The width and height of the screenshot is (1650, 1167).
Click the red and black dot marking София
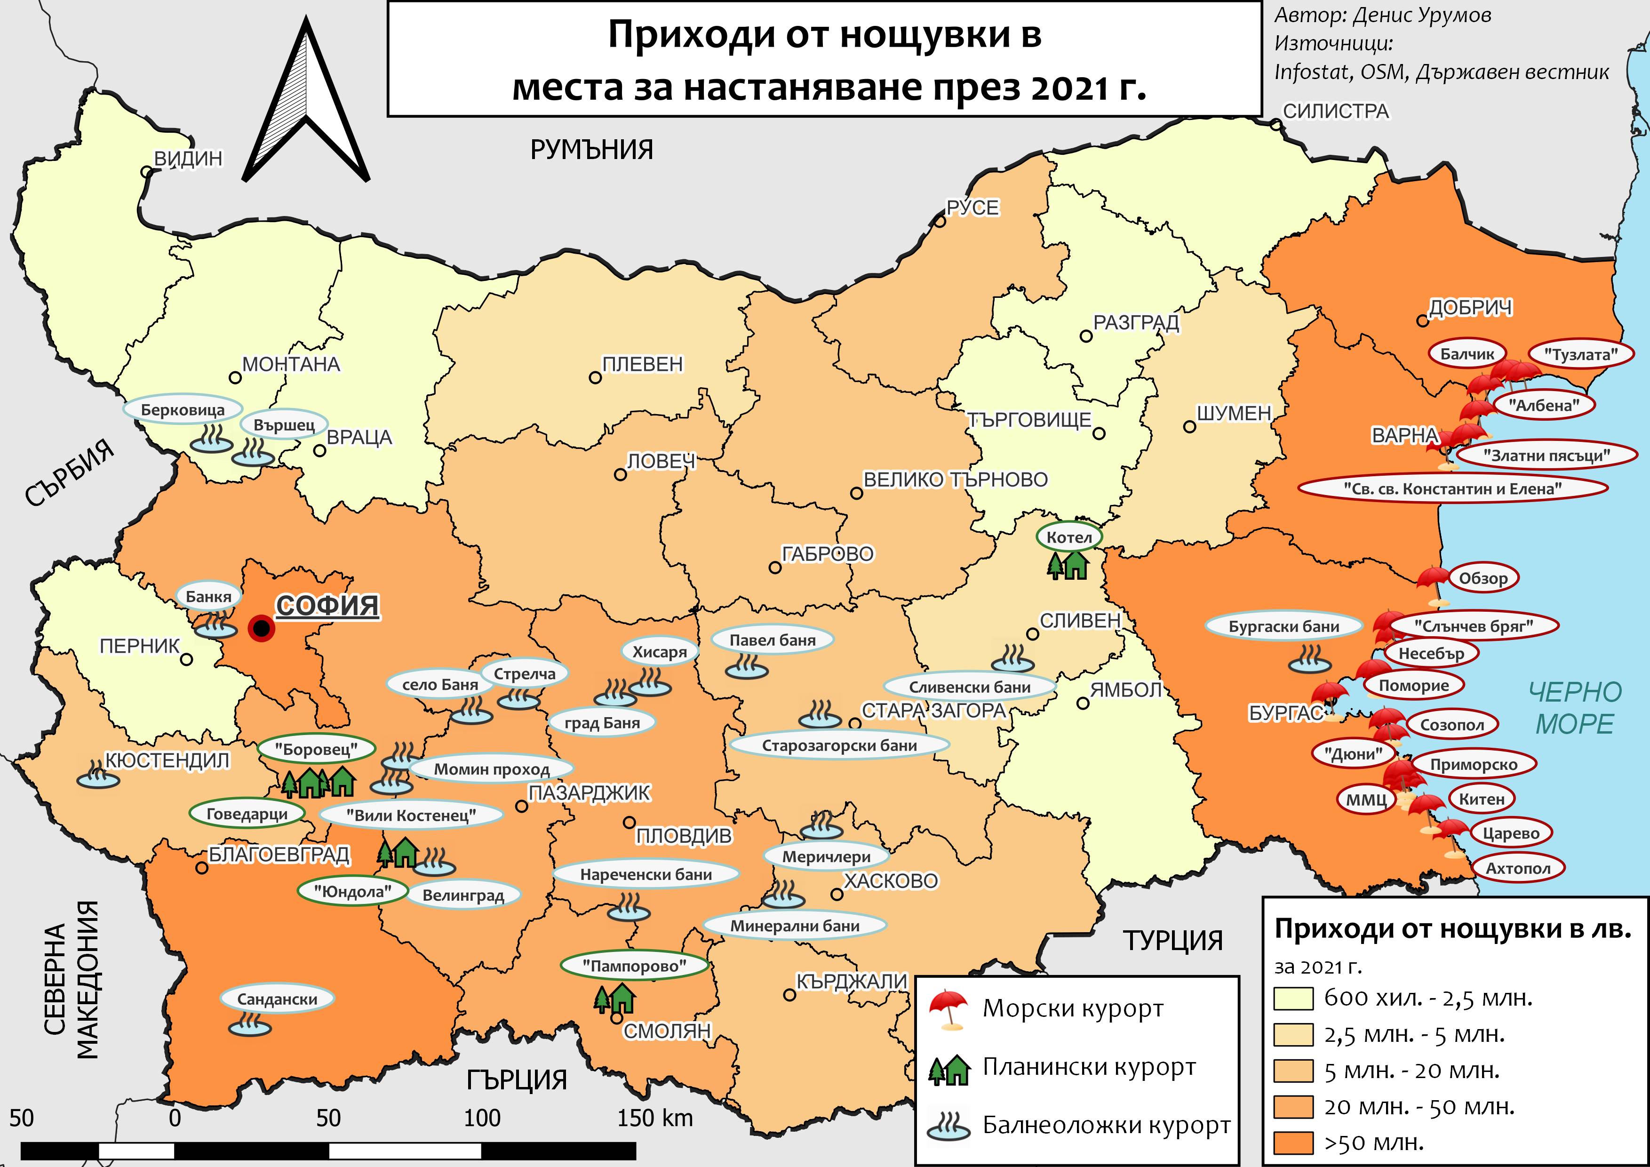click(262, 629)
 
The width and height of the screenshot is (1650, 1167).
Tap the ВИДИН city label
click(188, 158)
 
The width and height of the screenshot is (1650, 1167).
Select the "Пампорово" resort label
click(634, 966)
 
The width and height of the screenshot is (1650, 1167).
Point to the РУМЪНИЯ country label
click(591, 150)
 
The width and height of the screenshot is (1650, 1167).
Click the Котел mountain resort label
click(1068, 537)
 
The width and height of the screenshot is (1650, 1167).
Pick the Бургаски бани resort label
click(1283, 626)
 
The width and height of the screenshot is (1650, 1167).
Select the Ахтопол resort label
click(1518, 868)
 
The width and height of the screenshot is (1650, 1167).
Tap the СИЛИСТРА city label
click(1336, 112)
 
